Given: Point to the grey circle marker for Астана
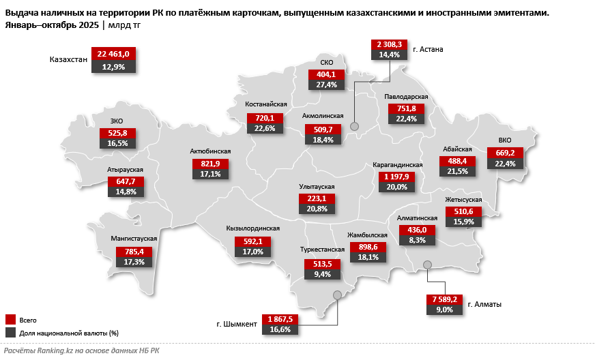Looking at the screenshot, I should click(354, 126).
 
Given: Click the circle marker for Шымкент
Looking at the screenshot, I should click(337, 295).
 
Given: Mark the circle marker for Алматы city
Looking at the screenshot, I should click(427, 265).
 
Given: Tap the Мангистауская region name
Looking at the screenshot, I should click(134, 239).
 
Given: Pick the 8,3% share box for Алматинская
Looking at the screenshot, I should click(417, 240).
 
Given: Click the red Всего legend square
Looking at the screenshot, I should click(10, 319).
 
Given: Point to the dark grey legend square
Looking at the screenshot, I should click(10, 333).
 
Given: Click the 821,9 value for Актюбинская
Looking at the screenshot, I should click(210, 164).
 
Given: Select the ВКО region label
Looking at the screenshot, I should click(504, 140).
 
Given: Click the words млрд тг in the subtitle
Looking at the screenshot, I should click(125, 25).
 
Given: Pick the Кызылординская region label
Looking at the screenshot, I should click(252, 229).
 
